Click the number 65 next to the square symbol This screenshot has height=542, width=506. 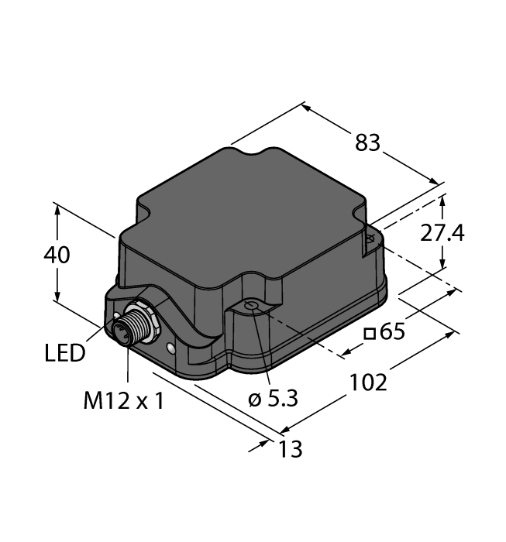coord(393,333)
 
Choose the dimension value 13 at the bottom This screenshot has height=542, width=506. coord(289,448)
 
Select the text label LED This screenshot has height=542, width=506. coord(65,355)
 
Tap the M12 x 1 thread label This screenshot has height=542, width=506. coord(123,401)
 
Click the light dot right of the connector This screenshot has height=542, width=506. coord(169,350)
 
